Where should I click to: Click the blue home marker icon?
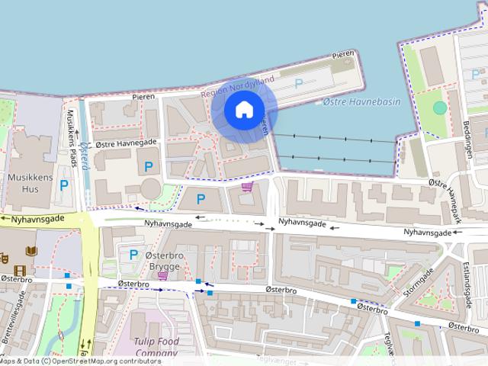coord(244,109)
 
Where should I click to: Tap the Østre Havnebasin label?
coord(361,101)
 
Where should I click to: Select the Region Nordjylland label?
coord(237,86)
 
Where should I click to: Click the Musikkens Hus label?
coord(28,182)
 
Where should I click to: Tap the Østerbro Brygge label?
coord(164,261)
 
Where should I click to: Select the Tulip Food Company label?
coord(156,347)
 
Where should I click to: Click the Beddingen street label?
coord(468,136)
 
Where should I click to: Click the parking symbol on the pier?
coord(299,83)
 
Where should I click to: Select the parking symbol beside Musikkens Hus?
coord(64,185)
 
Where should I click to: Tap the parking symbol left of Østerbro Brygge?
coord(133,255)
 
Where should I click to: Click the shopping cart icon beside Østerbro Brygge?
coord(162,275)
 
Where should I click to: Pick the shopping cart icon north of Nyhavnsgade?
coord(246,187)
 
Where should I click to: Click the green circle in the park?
coord(440,108)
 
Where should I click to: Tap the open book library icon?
coord(31,251)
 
